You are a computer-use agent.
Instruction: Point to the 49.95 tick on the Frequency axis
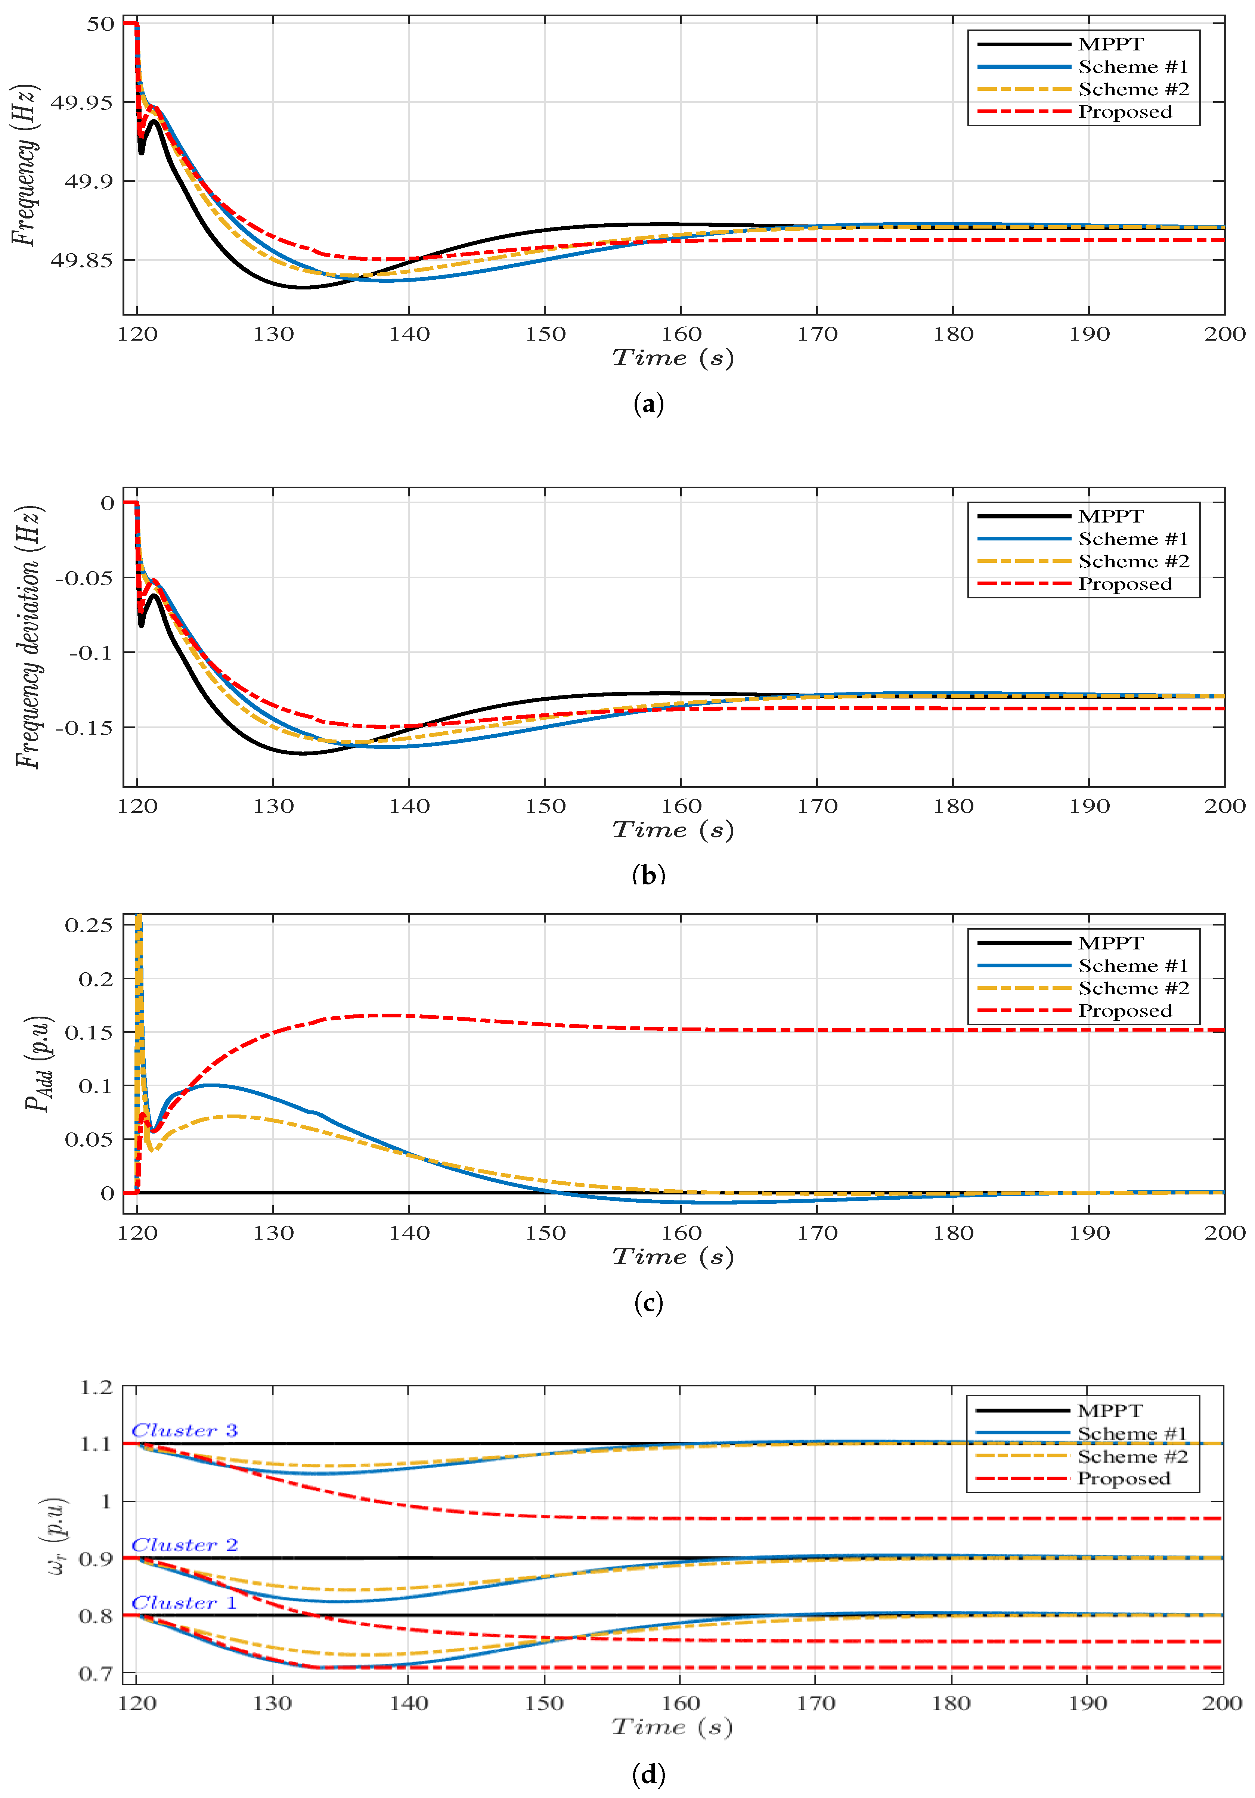tap(81, 103)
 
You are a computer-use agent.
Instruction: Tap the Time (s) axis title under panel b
tap(673, 830)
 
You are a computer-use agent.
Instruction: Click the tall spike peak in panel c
tap(139, 918)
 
